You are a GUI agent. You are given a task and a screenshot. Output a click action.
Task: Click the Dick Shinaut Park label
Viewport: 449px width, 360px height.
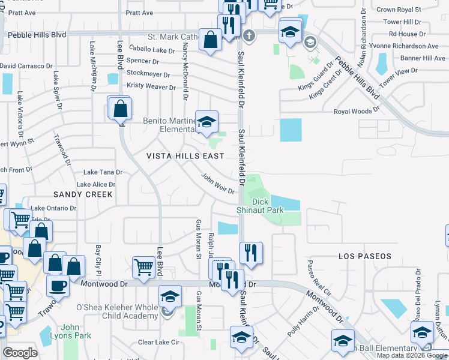[x=267, y=206]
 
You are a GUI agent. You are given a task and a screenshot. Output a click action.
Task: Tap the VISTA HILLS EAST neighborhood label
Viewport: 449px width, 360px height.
[x=186, y=156]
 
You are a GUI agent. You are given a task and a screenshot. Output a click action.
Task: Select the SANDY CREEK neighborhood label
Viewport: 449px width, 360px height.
[x=83, y=194]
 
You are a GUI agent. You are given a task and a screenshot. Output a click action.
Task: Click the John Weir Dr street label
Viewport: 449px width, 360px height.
[x=217, y=184]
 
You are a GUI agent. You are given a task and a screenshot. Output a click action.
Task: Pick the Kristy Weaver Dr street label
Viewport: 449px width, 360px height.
[x=151, y=86]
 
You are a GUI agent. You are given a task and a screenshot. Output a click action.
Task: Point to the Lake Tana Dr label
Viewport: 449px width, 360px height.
[x=103, y=172]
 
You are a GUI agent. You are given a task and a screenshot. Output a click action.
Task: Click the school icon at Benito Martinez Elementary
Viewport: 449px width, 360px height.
[x=206, y=122]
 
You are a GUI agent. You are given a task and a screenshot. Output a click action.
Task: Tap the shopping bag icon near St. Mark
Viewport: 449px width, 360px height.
[x=211, y=40]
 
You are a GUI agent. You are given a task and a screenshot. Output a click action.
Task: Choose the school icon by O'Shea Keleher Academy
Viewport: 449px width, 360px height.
[x=170, y=296]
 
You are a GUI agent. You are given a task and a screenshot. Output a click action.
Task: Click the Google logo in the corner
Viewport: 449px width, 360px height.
[x=20, y=353]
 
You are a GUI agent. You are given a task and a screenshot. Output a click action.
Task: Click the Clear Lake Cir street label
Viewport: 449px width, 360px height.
[x=158, y=342]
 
